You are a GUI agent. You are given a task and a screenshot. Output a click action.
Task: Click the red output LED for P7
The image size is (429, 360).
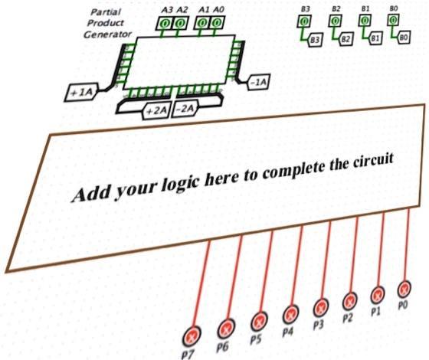point(193,335)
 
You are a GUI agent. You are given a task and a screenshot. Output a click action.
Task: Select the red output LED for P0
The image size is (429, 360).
point(404,290)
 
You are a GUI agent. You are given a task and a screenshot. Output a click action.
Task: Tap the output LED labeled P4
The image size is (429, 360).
point(291,313)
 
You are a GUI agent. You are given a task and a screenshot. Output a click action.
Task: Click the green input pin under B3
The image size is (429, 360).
point(304,21)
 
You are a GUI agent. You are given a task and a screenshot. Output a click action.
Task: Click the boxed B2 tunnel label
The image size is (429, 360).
point(345,38)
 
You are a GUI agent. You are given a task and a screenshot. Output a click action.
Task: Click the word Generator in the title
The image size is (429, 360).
point(107,34)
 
